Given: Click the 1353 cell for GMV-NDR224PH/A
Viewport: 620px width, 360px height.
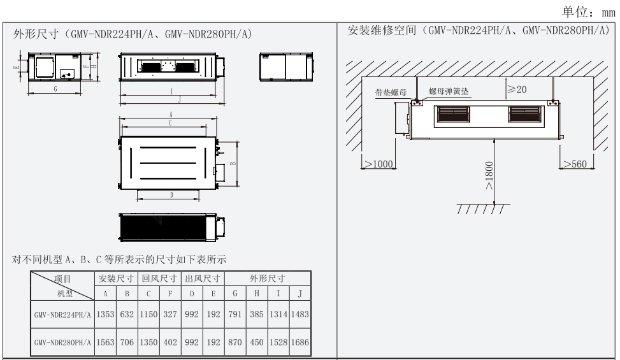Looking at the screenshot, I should coord(105,314).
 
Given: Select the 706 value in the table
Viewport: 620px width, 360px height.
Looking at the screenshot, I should coord(127,342).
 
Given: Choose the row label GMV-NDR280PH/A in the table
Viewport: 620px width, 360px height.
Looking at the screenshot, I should coord(62,342).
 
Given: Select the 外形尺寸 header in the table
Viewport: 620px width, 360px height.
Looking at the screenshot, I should coord(268,279).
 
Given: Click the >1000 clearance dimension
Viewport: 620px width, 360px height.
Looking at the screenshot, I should coord(377,164).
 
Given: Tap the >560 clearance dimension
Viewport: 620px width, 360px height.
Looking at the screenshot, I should coord(577,164).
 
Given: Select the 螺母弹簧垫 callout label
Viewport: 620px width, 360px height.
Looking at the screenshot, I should coord(449,92).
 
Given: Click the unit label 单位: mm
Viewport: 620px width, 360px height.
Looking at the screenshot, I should coord(589,11).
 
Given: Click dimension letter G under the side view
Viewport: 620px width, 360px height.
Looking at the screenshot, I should coord(55,90).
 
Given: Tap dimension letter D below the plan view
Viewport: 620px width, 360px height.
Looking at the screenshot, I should coord(172,195).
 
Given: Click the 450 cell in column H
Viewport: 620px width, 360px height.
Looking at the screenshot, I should coord(257,342).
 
